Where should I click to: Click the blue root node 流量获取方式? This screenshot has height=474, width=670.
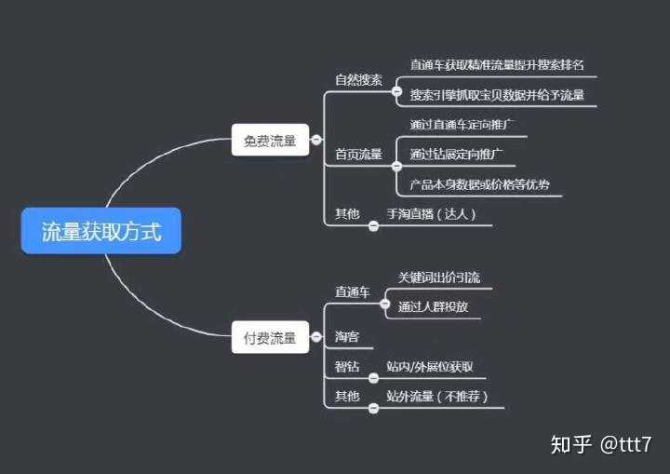pos(100,232)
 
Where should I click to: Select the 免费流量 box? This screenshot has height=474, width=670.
pos(270,142)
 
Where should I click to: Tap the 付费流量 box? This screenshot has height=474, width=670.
pos(270,338)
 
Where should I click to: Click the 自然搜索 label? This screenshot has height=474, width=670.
pos(358,80)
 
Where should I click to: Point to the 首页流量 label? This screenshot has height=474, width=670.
pos(358,155)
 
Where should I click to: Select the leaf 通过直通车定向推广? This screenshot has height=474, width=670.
pos(462,124)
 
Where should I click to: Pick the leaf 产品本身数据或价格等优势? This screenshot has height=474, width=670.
pos(479,184)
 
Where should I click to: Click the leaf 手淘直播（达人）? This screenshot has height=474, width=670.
pos(432,214)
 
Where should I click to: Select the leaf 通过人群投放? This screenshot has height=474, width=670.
pos(433,306)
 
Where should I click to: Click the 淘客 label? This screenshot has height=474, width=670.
pos(347,336)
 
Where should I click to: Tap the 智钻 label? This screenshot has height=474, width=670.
pos(347,367)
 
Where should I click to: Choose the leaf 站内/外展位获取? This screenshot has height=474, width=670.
pos(430,367)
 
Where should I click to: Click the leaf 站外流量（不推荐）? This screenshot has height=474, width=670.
pos(437,397)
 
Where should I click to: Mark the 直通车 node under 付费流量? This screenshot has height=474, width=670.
pos(353,292)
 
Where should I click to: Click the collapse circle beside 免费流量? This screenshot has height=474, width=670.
pos(316,141)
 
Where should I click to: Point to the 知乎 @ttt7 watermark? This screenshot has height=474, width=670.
pos(600,444)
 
